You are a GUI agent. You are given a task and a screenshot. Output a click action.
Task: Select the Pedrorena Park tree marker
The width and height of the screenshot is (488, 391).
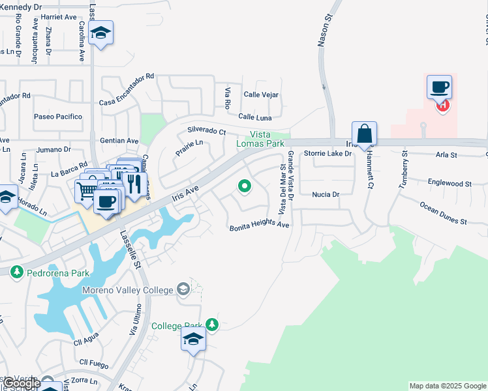pos(16,273)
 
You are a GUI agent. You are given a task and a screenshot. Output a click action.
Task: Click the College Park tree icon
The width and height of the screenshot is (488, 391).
pos(211,325)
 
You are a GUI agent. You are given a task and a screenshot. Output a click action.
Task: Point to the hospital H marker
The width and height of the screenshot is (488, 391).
pos(443,104)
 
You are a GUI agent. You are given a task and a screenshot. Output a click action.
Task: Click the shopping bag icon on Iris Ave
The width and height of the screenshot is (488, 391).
pos(365,134)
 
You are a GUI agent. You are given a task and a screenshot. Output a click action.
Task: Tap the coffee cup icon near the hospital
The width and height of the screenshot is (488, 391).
pos(439,87)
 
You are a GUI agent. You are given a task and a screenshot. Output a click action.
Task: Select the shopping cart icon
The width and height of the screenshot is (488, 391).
pos(85,190)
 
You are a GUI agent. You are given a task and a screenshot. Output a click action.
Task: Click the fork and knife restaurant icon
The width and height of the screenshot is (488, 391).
pos(134,184)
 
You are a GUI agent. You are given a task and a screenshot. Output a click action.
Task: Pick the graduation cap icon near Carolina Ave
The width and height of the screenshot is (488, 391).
pos(101,33)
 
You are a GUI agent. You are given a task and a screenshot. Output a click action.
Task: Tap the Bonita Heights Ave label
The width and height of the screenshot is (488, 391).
pos(259,226)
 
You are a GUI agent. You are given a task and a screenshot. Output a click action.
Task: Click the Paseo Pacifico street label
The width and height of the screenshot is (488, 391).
pos(58,117)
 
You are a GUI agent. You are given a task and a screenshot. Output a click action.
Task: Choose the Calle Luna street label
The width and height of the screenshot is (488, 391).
pos(255,117)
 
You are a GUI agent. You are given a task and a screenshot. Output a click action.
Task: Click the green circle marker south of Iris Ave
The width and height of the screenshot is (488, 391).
pos(245,187)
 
